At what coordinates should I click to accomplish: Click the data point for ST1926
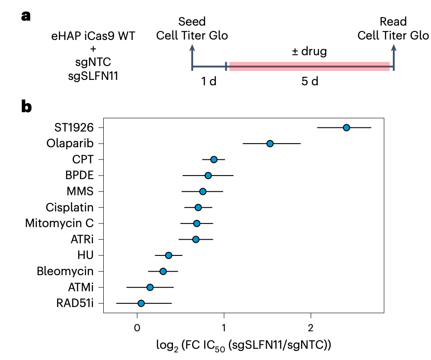coord(346,127)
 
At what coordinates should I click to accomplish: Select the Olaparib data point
coord(270,144)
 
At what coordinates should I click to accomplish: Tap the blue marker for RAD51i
coord(141,303)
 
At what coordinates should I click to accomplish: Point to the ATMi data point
coord(150,287)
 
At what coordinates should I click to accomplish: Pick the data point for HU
coord(168,255)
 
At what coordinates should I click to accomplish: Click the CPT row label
coord(83,159)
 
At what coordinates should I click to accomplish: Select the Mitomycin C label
coord(59,223)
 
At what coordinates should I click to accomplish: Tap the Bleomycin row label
coord(65,271)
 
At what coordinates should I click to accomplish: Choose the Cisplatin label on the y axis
coord(70,207)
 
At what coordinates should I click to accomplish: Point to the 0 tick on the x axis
coord(137,327)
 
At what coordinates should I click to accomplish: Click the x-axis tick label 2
coord(310,327)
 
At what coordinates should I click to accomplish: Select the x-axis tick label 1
coord(224,327)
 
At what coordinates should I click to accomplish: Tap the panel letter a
coord(26,16)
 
